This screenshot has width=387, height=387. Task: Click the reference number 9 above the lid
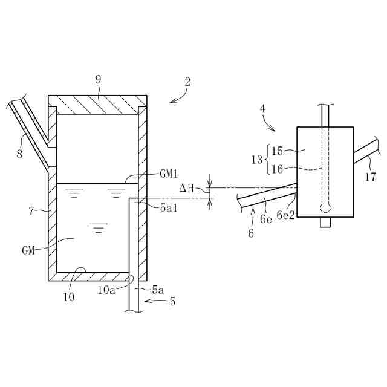coord(98,79)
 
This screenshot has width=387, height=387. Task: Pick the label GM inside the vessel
coord(28,249)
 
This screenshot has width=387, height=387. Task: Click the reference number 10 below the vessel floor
coord(68,297)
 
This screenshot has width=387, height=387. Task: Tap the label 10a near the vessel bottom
coord(107,290)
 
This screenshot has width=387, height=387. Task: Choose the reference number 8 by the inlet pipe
coord(20,154)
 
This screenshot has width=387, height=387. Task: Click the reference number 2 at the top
coord(187,82)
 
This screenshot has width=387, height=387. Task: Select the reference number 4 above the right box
coord(262,109)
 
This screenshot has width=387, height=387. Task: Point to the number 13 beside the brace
coord(257,160)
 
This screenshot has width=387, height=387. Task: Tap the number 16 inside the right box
coord(277,169)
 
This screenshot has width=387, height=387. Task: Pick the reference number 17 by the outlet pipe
coord(370,177)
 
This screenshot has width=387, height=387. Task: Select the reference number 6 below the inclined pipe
coord(251,233)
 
